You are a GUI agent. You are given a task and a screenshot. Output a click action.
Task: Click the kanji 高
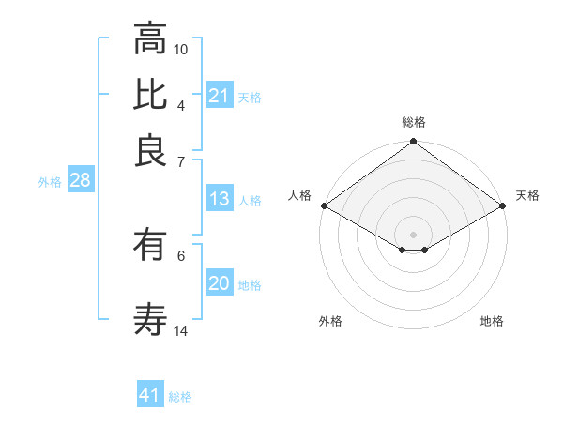click(x=150, y=39)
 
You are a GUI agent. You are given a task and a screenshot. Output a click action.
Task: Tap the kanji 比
click(x=150, y=95)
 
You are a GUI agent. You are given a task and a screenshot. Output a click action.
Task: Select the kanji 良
click(x=150, y=150)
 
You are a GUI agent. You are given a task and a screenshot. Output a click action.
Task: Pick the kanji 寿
click(x=150, y=320)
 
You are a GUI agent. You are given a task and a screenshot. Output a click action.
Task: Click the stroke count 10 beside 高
click(x=181, y=49)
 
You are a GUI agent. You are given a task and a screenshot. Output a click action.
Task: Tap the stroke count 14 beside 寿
click(x=181, y=330)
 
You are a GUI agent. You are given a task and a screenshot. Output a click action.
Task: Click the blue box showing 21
click(x=220, y=96)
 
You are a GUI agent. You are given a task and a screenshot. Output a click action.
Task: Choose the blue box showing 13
click(x=220, y=199)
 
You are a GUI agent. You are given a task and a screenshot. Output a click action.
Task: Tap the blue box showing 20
click(x=220, y=283)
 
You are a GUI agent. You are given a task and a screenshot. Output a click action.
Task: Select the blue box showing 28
click(x=80, y=181)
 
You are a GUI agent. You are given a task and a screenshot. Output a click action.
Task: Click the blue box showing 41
click(x=150, y=395)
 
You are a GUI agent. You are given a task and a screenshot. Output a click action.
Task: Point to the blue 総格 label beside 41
click(x=180, y=397)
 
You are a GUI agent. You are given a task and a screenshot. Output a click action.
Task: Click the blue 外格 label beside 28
click(x=50, y=183)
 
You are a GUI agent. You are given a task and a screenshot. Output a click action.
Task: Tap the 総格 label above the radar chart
click(x=414, y=122)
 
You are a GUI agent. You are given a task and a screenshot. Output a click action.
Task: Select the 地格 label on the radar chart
click(x=492, y=321)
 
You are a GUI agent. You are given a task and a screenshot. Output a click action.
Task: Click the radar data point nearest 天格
click(x=503, y=205)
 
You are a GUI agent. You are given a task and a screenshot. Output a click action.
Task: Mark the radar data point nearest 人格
click(x=324, y=205)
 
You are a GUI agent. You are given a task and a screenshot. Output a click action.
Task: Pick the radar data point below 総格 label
click(x=413, y=144)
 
